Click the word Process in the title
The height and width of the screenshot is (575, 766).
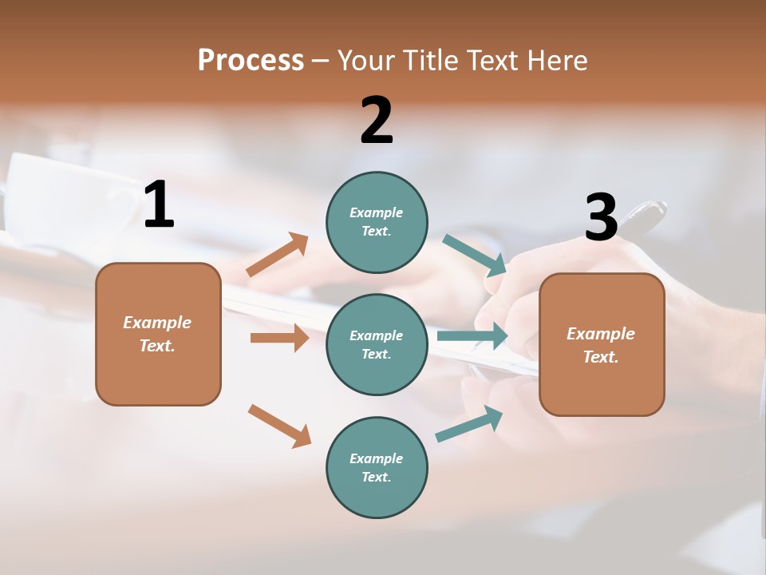click(251, 60)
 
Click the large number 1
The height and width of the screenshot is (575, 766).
click(159, 204)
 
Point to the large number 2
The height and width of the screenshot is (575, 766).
click(377, 121)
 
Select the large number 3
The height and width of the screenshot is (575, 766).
click(601, 218)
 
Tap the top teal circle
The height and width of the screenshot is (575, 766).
click(377, 222)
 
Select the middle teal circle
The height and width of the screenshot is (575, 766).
click(377, 344)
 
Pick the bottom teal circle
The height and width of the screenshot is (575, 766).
click(377, 467)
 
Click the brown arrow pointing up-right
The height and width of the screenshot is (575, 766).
click(278, 255)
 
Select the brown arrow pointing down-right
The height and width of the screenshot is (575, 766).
click(279, 426)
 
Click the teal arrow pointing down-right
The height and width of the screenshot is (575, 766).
click(475, 255)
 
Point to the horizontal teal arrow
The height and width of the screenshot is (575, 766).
click(472, 335)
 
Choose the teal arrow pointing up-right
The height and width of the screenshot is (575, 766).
click(469, 423)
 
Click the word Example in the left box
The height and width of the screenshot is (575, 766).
click(157, 323)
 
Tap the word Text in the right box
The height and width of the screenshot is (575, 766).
click(600, 357)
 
